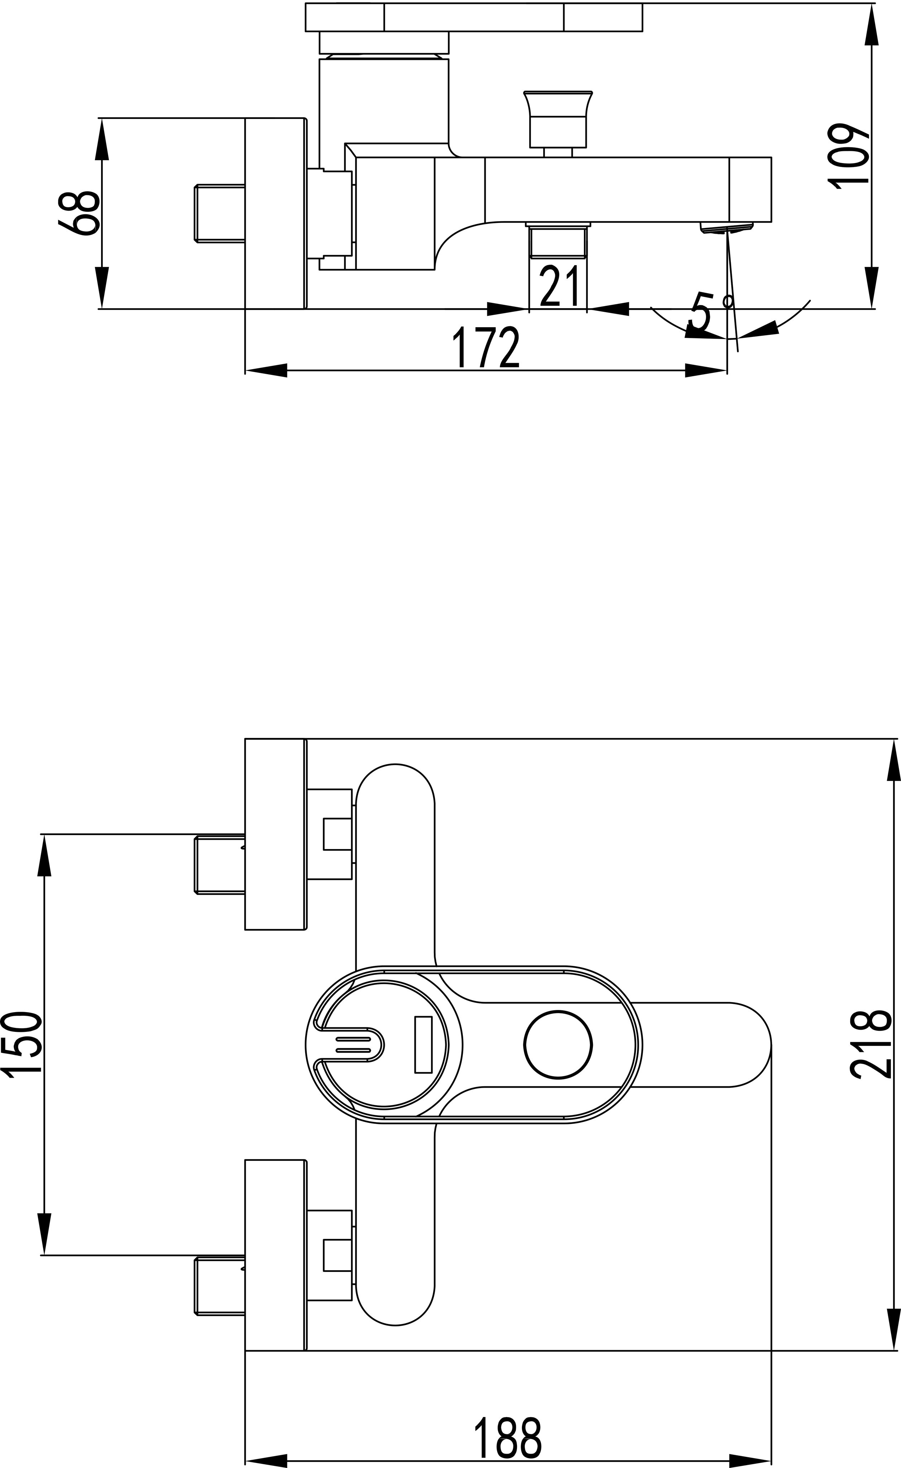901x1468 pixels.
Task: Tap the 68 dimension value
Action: [x=78, y=213]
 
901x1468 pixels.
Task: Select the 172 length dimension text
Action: [x=486, y=348]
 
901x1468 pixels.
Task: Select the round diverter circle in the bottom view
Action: [x=559, y=1044]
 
